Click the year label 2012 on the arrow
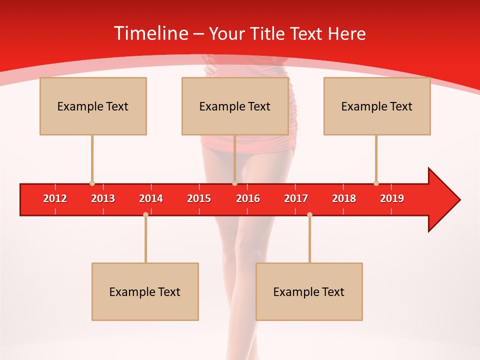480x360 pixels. [55, 198]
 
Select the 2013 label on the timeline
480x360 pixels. [103, 198]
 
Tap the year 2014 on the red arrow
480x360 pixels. [151, 198]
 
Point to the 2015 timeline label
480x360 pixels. [199, 198]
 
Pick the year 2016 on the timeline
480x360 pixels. [248, 198]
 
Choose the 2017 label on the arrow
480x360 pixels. [296, 198]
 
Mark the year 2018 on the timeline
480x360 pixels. [344, 198]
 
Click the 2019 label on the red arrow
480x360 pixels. [392, 198]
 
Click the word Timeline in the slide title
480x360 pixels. [150, 33]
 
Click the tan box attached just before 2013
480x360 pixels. [93, 106]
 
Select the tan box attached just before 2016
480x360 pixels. [235, 106]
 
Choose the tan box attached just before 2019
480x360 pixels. [377, 106]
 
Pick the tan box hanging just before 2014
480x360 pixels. [145, 291]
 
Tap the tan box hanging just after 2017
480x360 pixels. [309, 291]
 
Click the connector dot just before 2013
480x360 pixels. [92, 183]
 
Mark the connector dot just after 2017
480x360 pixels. [309, 215]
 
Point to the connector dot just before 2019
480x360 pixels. [376, 183]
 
